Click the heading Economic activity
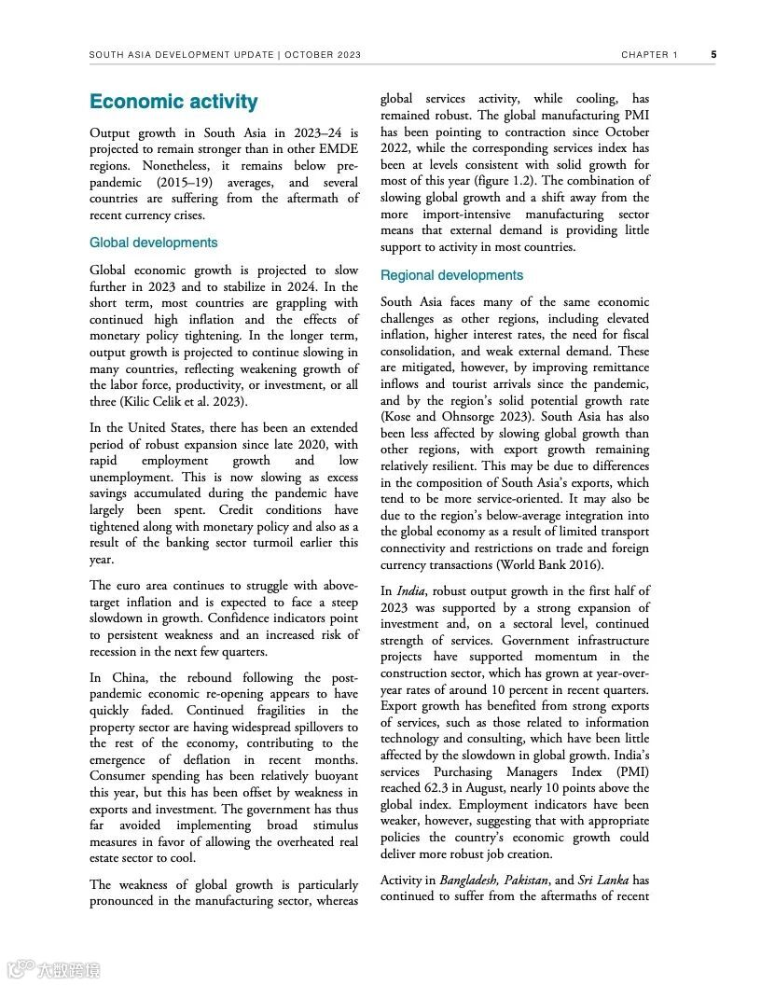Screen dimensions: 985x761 pyautogui.click(x=173, y=102)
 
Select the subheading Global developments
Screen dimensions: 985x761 pyautogui.click(x=153, y=243)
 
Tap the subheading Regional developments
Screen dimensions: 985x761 pyautogui.click(x=451, y=275)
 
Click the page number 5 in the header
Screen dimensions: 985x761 pyautogui.click(x=713, y=55)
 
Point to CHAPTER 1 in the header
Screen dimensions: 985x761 pyautogui.click(x=650, y=55)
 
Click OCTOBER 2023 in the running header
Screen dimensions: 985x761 pyautogui.click(x=322, y=55)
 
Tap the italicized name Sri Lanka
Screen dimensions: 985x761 pyautogui.click(x=602, y=880)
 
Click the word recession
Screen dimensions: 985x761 pyautogui.click(x=116, y=651)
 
